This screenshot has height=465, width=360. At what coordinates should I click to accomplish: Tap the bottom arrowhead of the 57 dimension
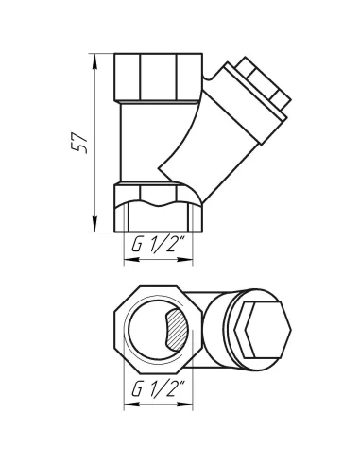coord(94,227)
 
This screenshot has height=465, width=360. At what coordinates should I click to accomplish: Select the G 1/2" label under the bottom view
coord(156,388)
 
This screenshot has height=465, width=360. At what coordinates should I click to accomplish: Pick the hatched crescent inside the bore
coord(177,331)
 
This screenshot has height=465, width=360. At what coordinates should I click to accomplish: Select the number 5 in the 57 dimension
coord(82,148)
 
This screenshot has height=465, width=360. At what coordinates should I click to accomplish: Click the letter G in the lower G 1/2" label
coord(137,388)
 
